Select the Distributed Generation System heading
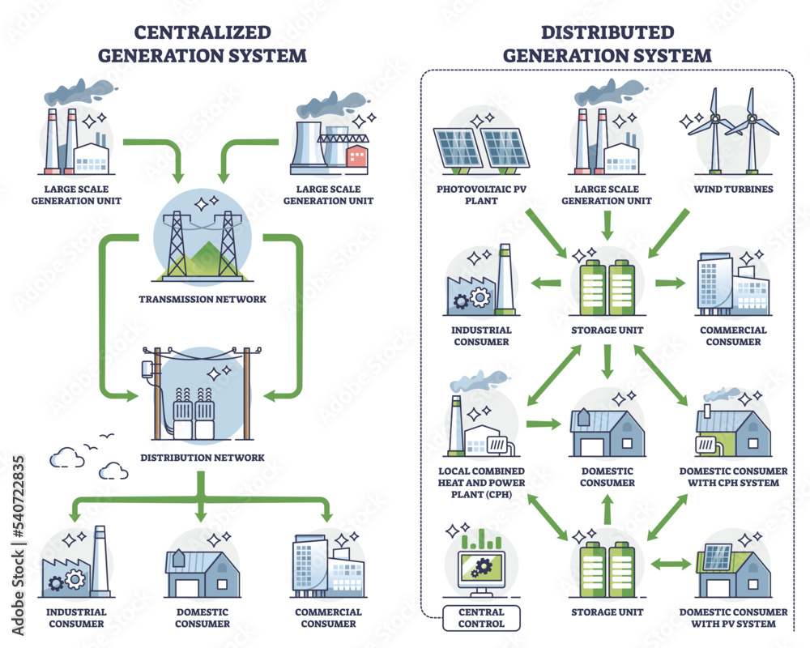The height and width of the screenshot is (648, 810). click(x=607, y=44)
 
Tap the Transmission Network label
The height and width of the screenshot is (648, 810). click(x=202, y=299)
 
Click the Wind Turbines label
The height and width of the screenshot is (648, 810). click(x=734, y=189)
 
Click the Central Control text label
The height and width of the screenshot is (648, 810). click(x=481, y=617)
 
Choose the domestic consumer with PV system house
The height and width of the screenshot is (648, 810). click(x=733, y=567)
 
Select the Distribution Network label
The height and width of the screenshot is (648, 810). click(x=202, y=457)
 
